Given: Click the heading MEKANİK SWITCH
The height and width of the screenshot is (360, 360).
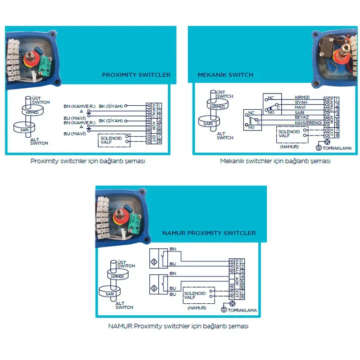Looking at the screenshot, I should coord(225,75).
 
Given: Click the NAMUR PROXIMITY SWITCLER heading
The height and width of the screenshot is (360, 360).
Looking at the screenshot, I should coord(209,233).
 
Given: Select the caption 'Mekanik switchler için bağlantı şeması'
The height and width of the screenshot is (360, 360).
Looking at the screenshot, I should coord(275,161).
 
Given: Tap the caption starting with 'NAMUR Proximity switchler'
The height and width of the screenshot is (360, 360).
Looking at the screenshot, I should coord(178,326).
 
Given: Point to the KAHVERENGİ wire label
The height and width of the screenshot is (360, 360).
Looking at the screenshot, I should coord(308,122).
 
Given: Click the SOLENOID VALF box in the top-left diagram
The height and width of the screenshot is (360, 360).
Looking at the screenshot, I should coord(112,139).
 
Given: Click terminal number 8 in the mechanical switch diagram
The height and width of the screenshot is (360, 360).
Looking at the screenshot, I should coord(337,134).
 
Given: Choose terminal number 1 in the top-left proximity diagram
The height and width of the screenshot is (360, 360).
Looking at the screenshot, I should coord(159,105).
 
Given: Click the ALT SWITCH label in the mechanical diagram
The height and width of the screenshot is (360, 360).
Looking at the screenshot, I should coord(225,135).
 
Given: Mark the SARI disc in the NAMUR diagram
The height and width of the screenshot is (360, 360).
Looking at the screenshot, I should coord(110,294).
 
